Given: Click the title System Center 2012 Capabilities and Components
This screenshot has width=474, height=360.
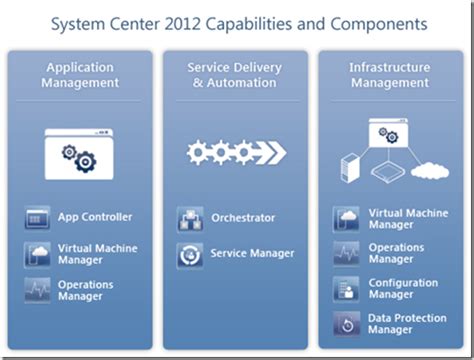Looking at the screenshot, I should pos(237,22).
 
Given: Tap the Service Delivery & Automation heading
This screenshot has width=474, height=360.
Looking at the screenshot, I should pos(236,75).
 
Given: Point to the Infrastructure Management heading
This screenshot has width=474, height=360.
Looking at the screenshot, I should pos(389,75).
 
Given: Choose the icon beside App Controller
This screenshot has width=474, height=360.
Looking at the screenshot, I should pos(38,217).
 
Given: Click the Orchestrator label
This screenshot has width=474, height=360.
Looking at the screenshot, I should pos(243,217).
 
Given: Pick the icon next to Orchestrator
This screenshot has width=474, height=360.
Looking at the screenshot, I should pos(190,218).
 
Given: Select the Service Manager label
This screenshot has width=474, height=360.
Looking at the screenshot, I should pos(252,253).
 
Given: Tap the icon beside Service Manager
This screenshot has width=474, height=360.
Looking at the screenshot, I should pos(190,254).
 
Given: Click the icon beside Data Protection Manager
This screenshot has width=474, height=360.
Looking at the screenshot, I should pos(346,324).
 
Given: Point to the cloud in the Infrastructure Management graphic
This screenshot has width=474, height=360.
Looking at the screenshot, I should pos(429,171).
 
